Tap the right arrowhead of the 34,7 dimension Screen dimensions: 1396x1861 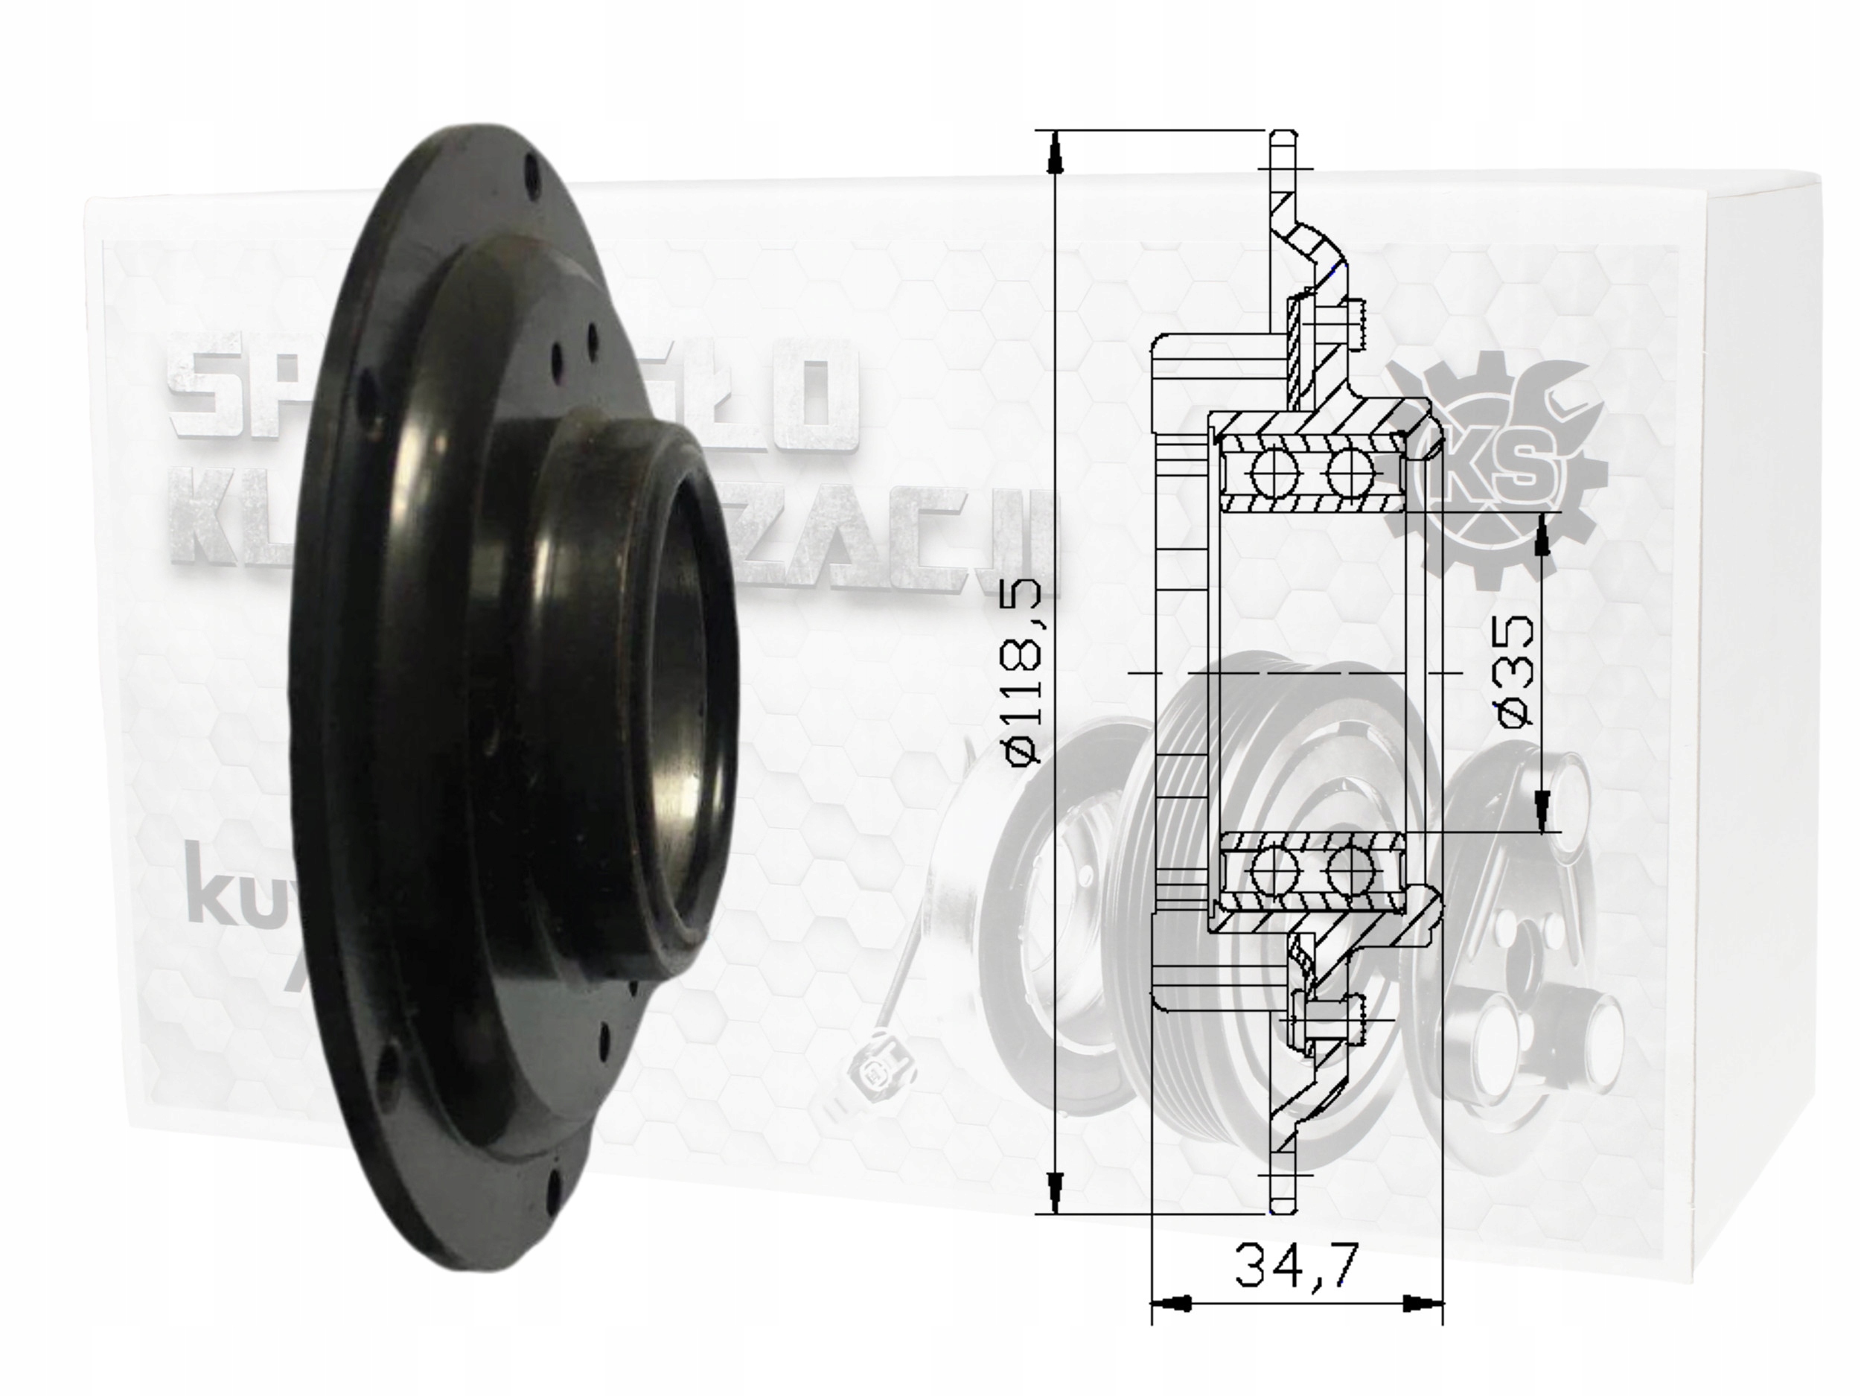pyautogui.click(x=1423, y=1304)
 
